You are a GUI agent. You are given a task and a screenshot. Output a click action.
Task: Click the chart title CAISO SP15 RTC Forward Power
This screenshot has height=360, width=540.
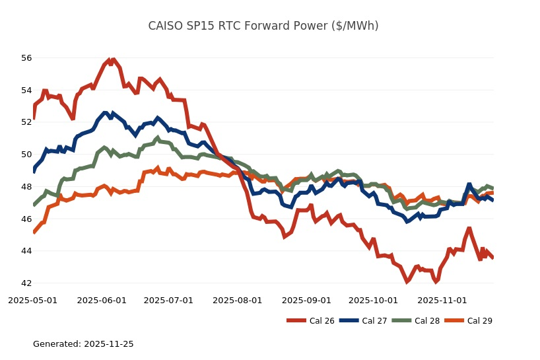pos(263,26)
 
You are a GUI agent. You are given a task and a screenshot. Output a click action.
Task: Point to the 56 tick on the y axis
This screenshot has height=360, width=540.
pos(26,58)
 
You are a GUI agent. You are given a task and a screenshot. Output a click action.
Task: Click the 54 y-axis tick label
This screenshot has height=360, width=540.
pos(26,90)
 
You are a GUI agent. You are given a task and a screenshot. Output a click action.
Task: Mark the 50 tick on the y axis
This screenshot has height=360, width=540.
pos(26,155)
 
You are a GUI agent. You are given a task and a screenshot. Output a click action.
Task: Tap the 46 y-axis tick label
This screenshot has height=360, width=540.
pos(26,219)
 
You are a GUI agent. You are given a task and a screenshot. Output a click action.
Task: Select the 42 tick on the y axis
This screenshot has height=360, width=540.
pos(26,283)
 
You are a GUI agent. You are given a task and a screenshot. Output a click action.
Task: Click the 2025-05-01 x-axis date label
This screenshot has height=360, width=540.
pos(33,300)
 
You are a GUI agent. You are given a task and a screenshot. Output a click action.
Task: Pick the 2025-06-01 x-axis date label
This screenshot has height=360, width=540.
pos(102,300)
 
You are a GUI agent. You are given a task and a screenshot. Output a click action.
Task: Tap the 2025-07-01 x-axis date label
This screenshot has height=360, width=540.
pos(168,300)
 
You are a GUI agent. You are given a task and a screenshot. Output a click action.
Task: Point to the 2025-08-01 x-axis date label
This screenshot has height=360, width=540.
pos(238,300)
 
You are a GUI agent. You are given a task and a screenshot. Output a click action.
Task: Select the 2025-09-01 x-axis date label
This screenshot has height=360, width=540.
pos(306,300)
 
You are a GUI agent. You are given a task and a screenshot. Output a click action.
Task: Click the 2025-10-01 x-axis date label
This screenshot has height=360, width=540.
pos(373,300)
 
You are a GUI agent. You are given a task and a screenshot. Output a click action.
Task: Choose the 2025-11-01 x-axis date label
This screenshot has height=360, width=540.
pos(442,300)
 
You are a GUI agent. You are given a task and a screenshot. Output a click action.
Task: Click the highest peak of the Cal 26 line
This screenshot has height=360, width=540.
pos(114,59)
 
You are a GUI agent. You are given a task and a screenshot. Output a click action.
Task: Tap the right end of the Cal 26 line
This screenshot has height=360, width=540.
pos(492,258)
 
